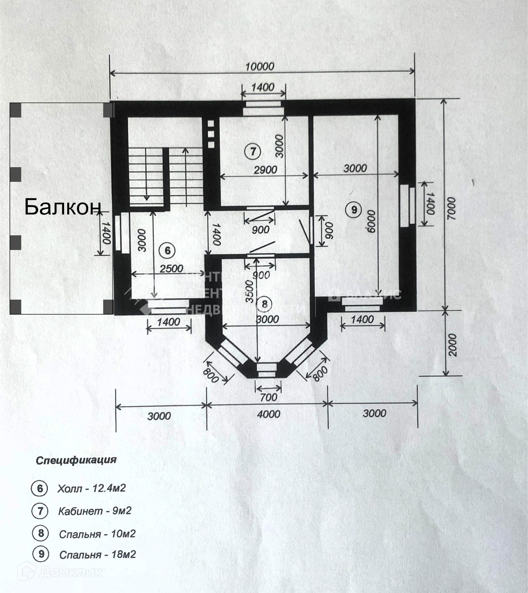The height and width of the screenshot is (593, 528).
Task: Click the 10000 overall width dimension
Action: [260, 67]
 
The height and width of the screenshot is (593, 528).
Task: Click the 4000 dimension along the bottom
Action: [269, 414]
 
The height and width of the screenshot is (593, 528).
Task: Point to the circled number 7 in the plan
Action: [253, 151]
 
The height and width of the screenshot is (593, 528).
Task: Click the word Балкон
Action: [63, 207]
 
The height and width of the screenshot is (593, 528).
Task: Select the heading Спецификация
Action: [76, 460]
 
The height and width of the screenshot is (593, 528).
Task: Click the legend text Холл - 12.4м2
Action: [91, 488]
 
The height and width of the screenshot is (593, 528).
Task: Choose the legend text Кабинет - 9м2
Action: [95, 511]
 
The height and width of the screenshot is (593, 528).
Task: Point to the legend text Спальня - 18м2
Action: [98, 554]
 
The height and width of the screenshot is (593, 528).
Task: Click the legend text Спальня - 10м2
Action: [97, 534]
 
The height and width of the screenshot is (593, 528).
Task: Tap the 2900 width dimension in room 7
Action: [265, 170]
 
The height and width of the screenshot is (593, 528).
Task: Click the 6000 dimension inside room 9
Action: [372, 221]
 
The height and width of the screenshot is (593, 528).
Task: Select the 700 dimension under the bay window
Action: [268, 397]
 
